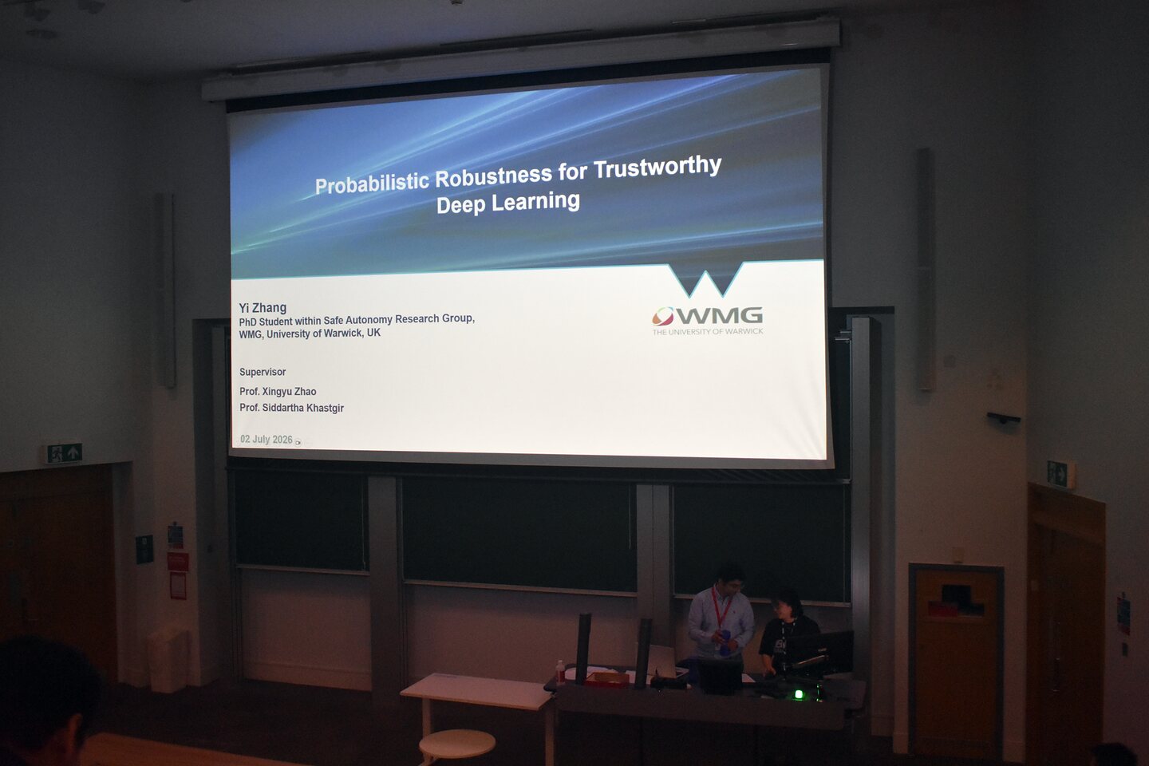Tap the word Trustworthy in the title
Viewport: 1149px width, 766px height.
pyautogui.click(x=657, y=168)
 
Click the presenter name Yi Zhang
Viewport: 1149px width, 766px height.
pyautogui.click(x=263, y=308)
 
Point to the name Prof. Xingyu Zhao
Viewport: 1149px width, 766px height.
pyautogui.click(x=278, y=392)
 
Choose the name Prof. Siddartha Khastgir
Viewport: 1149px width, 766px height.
pyautogui.click(x=291, y=408)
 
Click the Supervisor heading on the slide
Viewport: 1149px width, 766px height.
pyautogui.click(x=262, y=372)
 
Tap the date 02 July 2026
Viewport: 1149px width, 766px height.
pyautogui.click(x=267, y=440)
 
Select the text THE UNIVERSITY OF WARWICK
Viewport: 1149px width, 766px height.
pyautogui.click(x=708, y=331)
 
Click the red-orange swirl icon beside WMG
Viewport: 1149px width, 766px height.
pyautogui.click(x=663, y=316)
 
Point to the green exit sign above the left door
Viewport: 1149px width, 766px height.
pyautogui.click(x=64, y=453)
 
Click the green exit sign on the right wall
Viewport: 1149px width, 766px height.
pyautogui.click(x=1058, y=474)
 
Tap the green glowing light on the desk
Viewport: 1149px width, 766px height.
pyautogui.click(x=799, y=695)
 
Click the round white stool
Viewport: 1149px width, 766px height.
pyautogui.click(x=457, y=744)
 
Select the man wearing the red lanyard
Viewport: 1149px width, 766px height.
pyautogui.click(x=721, y=616)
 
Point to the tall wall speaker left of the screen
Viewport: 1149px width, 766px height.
pyautogui.click(x=166, y=290)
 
